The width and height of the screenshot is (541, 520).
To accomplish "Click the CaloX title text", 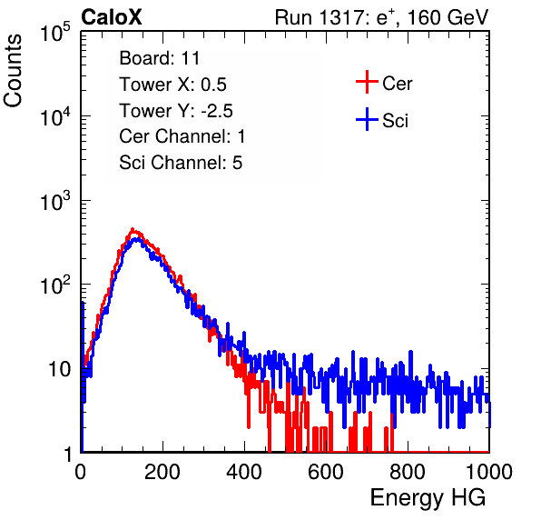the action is click(112, 17).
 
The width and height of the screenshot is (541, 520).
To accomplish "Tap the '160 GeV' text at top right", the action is click(448, 17).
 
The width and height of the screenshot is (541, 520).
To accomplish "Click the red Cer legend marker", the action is click(367, 82).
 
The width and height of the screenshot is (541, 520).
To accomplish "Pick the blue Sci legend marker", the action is click(367, 119).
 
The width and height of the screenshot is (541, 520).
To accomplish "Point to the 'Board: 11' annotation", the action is click(160, 58).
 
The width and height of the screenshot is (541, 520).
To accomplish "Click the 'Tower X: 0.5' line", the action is click(172, 85).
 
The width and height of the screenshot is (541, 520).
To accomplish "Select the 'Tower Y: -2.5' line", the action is click(176, 111).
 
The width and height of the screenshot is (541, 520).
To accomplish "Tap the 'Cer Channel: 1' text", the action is click(182, 136).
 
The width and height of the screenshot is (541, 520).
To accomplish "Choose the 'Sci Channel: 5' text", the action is click(181, 163).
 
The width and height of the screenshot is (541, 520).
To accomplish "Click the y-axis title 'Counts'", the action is click(13, 71).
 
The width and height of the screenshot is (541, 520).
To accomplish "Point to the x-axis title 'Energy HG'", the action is click(428, 498).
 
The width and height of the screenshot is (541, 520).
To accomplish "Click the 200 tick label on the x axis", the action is click(162, 472).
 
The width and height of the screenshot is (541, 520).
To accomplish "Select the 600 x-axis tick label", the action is click(326, 472).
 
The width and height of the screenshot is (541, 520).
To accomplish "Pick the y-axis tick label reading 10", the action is click(59, 369).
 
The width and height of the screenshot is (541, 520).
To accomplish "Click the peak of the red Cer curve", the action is click(133, 229).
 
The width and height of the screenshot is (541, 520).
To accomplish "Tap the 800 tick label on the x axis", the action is click(408, 472).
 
